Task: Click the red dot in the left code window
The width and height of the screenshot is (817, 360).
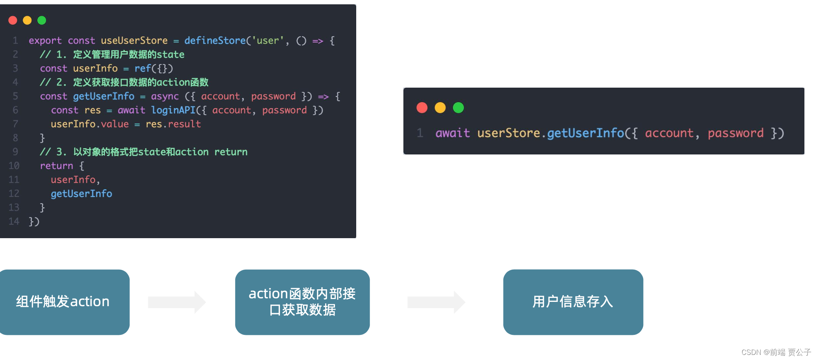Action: coord(13,20)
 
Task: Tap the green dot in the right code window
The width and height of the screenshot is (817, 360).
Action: coord(458,108)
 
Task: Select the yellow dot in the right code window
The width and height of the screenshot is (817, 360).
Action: coord(440,108)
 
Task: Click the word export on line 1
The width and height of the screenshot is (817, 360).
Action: coord(45,40)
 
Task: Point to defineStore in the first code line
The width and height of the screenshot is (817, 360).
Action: coord(215,40)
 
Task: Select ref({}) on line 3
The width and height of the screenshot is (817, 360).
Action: coord(153,68)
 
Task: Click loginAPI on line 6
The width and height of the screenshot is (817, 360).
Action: coord(173,110)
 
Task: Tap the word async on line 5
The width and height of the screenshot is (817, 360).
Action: coord(165,96)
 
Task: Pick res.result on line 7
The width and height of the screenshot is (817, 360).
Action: coord(173,124)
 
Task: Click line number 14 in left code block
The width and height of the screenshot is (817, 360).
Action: coord(14,222)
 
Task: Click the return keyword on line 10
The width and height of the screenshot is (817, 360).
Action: coord(56,166)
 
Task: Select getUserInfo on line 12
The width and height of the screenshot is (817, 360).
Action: coord(81,194)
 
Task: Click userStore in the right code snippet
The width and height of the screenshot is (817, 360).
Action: coord(508,133)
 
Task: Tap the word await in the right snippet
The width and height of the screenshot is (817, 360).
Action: coord(453,133)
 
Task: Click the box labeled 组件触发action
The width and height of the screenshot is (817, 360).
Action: coord(63,302)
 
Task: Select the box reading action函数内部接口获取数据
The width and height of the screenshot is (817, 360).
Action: coord(302,302)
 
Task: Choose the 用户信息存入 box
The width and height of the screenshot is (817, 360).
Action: coord(573,302)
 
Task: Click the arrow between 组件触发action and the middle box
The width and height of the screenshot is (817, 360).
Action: coord(177,302)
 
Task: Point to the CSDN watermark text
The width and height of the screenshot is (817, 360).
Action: coord(776,352)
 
